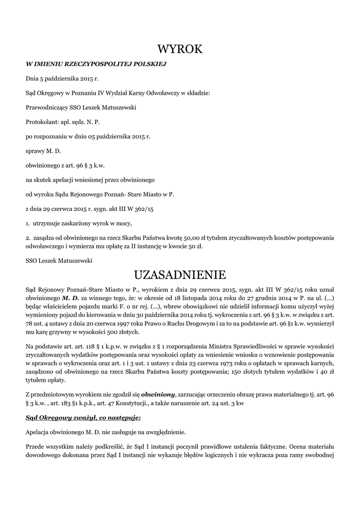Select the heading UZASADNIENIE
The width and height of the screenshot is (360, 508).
click(x=180, y=274)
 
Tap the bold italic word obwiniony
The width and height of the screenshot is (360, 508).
click(x=158, y=394)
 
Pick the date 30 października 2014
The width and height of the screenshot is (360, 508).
click(x=160, y=315)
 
